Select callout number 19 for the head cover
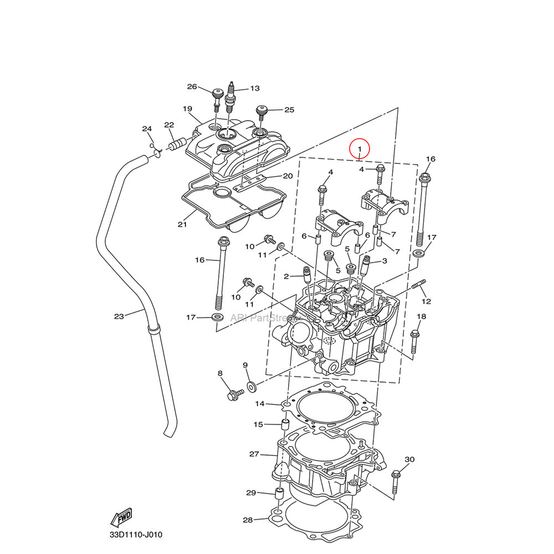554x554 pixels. coord(187,109)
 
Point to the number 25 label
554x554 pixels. coord(289,110)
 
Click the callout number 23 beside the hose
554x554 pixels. coord(119,316)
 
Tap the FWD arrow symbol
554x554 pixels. coord(121,517)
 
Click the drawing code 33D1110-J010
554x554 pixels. coord(136,535)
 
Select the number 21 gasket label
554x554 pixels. coord(182,224)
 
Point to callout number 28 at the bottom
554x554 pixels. coord(248,520)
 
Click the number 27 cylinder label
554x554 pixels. coord(254,454)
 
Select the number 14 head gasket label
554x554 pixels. coord(260,403)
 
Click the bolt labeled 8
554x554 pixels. coord(235,394)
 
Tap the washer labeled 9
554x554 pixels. coord(251,384)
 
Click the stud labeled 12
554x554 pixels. coord(419,287)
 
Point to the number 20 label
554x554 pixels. coord(288,176)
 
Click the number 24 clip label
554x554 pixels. coord(147,129)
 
